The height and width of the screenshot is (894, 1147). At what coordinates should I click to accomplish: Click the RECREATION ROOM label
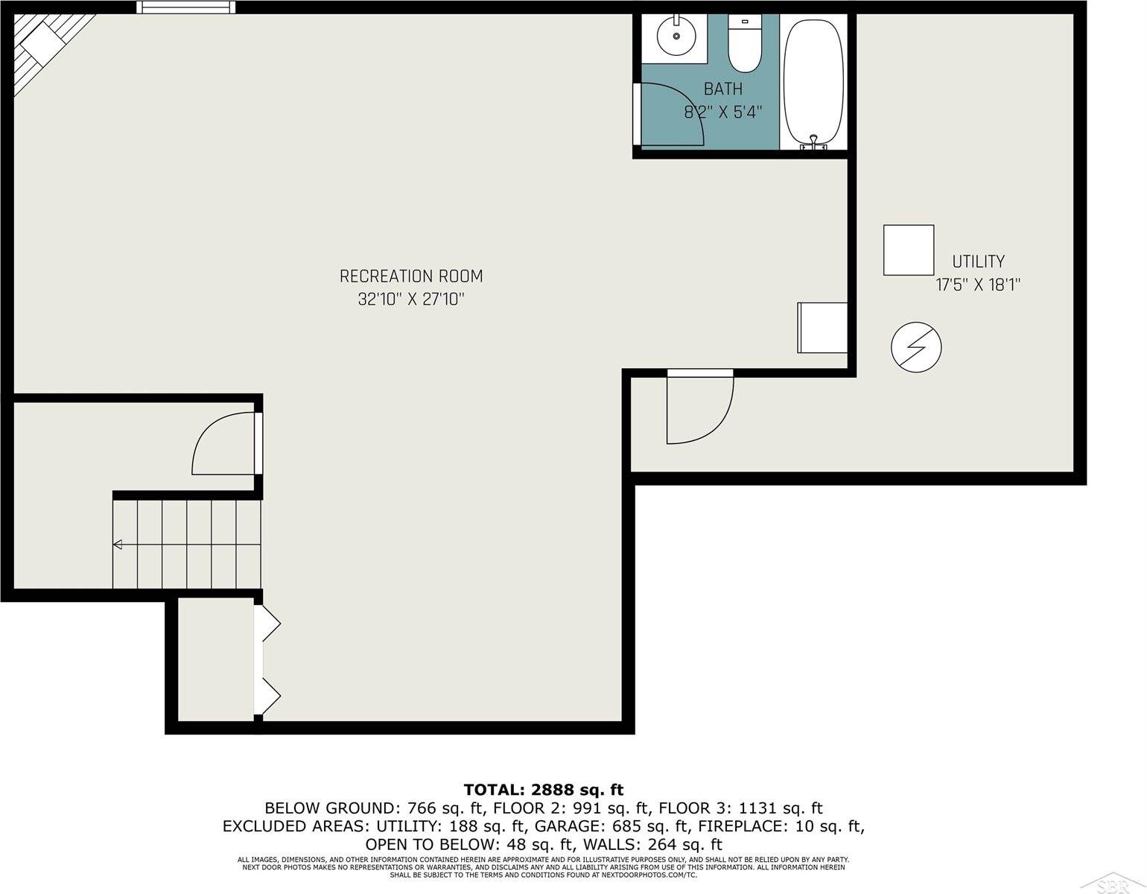(411, 276)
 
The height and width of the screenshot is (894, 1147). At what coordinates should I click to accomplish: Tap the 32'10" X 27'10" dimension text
(411, 299)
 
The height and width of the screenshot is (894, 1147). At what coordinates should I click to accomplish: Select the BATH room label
(722, 89)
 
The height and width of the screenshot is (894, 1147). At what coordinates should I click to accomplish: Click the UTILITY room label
(978, 261)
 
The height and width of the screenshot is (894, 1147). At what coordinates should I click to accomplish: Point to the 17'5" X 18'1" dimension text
(977, 285)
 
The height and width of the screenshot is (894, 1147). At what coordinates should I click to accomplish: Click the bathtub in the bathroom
(814, 82)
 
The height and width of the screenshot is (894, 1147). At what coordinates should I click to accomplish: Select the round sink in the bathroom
(676, 36)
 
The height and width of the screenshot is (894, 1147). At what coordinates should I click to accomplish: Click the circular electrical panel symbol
(916, 347)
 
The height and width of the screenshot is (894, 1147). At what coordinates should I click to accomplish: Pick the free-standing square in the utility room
(909, 250)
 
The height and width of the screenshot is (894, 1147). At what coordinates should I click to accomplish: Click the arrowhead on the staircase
(118, 545)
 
